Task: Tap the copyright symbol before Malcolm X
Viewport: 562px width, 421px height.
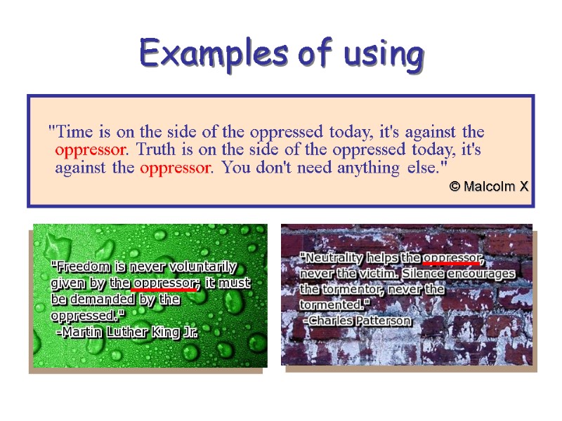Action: pyautogui.click(x=455, y=186)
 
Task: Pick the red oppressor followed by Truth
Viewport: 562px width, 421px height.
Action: pyautogui.click(x=91, y=149)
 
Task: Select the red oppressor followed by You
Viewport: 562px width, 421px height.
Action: pyautogui.click(x=176, y=168)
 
